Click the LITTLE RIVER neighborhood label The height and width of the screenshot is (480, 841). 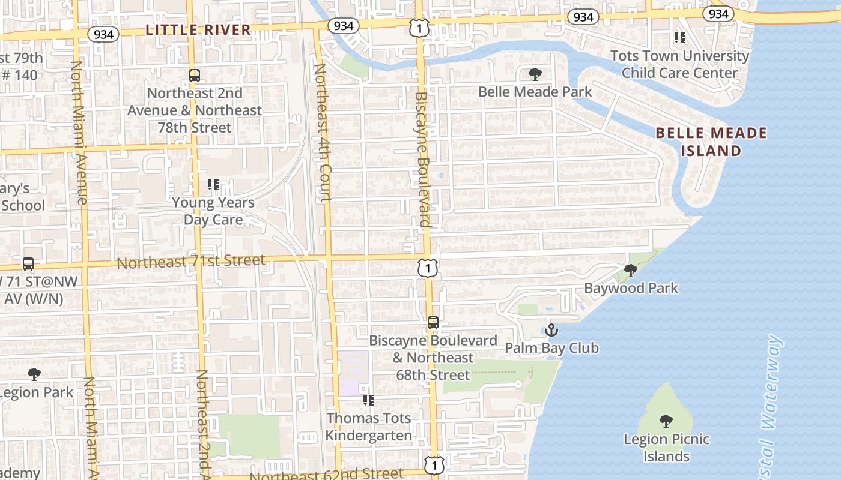click(x=198, y=29)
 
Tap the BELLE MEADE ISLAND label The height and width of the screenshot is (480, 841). click(x=711, y=142)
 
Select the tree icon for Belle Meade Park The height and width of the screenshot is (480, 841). click(x=535, y=74)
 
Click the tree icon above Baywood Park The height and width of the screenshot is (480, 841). click(x=631, y=271)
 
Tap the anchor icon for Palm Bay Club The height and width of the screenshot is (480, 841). click(x=551, y=330)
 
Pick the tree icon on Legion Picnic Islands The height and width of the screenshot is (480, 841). click(x=666, y=421)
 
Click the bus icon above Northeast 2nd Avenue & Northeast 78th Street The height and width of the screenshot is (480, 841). click(x=194, y=76)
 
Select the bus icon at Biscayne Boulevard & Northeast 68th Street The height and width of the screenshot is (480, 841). click(x=433, y=323)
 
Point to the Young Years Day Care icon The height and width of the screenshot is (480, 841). click(x=213, y=185)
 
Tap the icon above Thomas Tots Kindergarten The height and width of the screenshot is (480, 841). click(x=369, y=400)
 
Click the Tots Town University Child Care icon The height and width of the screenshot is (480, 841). click(x=680, y=38)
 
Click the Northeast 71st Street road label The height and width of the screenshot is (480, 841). click(x=190, y=262)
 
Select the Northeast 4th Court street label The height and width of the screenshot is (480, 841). click(x=323, y=133)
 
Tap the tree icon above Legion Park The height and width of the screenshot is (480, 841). click(x=34, y=374)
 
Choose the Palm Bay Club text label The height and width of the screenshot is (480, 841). click(x=551, y=348)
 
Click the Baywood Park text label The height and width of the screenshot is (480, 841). click(x=631, y=288)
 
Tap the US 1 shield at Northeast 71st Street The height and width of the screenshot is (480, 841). click(x=428, y=268)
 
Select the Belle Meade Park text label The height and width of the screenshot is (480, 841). click(x=535, y=92)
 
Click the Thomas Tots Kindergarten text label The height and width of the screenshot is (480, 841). click(x=369, y=427)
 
